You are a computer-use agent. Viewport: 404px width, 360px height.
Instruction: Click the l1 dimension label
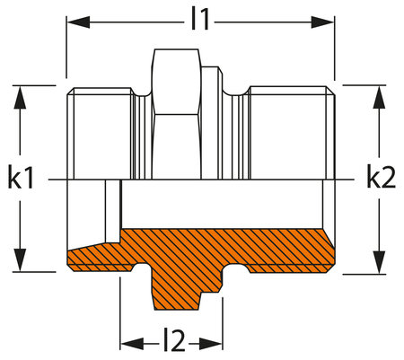point(199,19)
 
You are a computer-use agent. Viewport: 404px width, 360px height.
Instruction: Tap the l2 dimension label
point(171,340)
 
